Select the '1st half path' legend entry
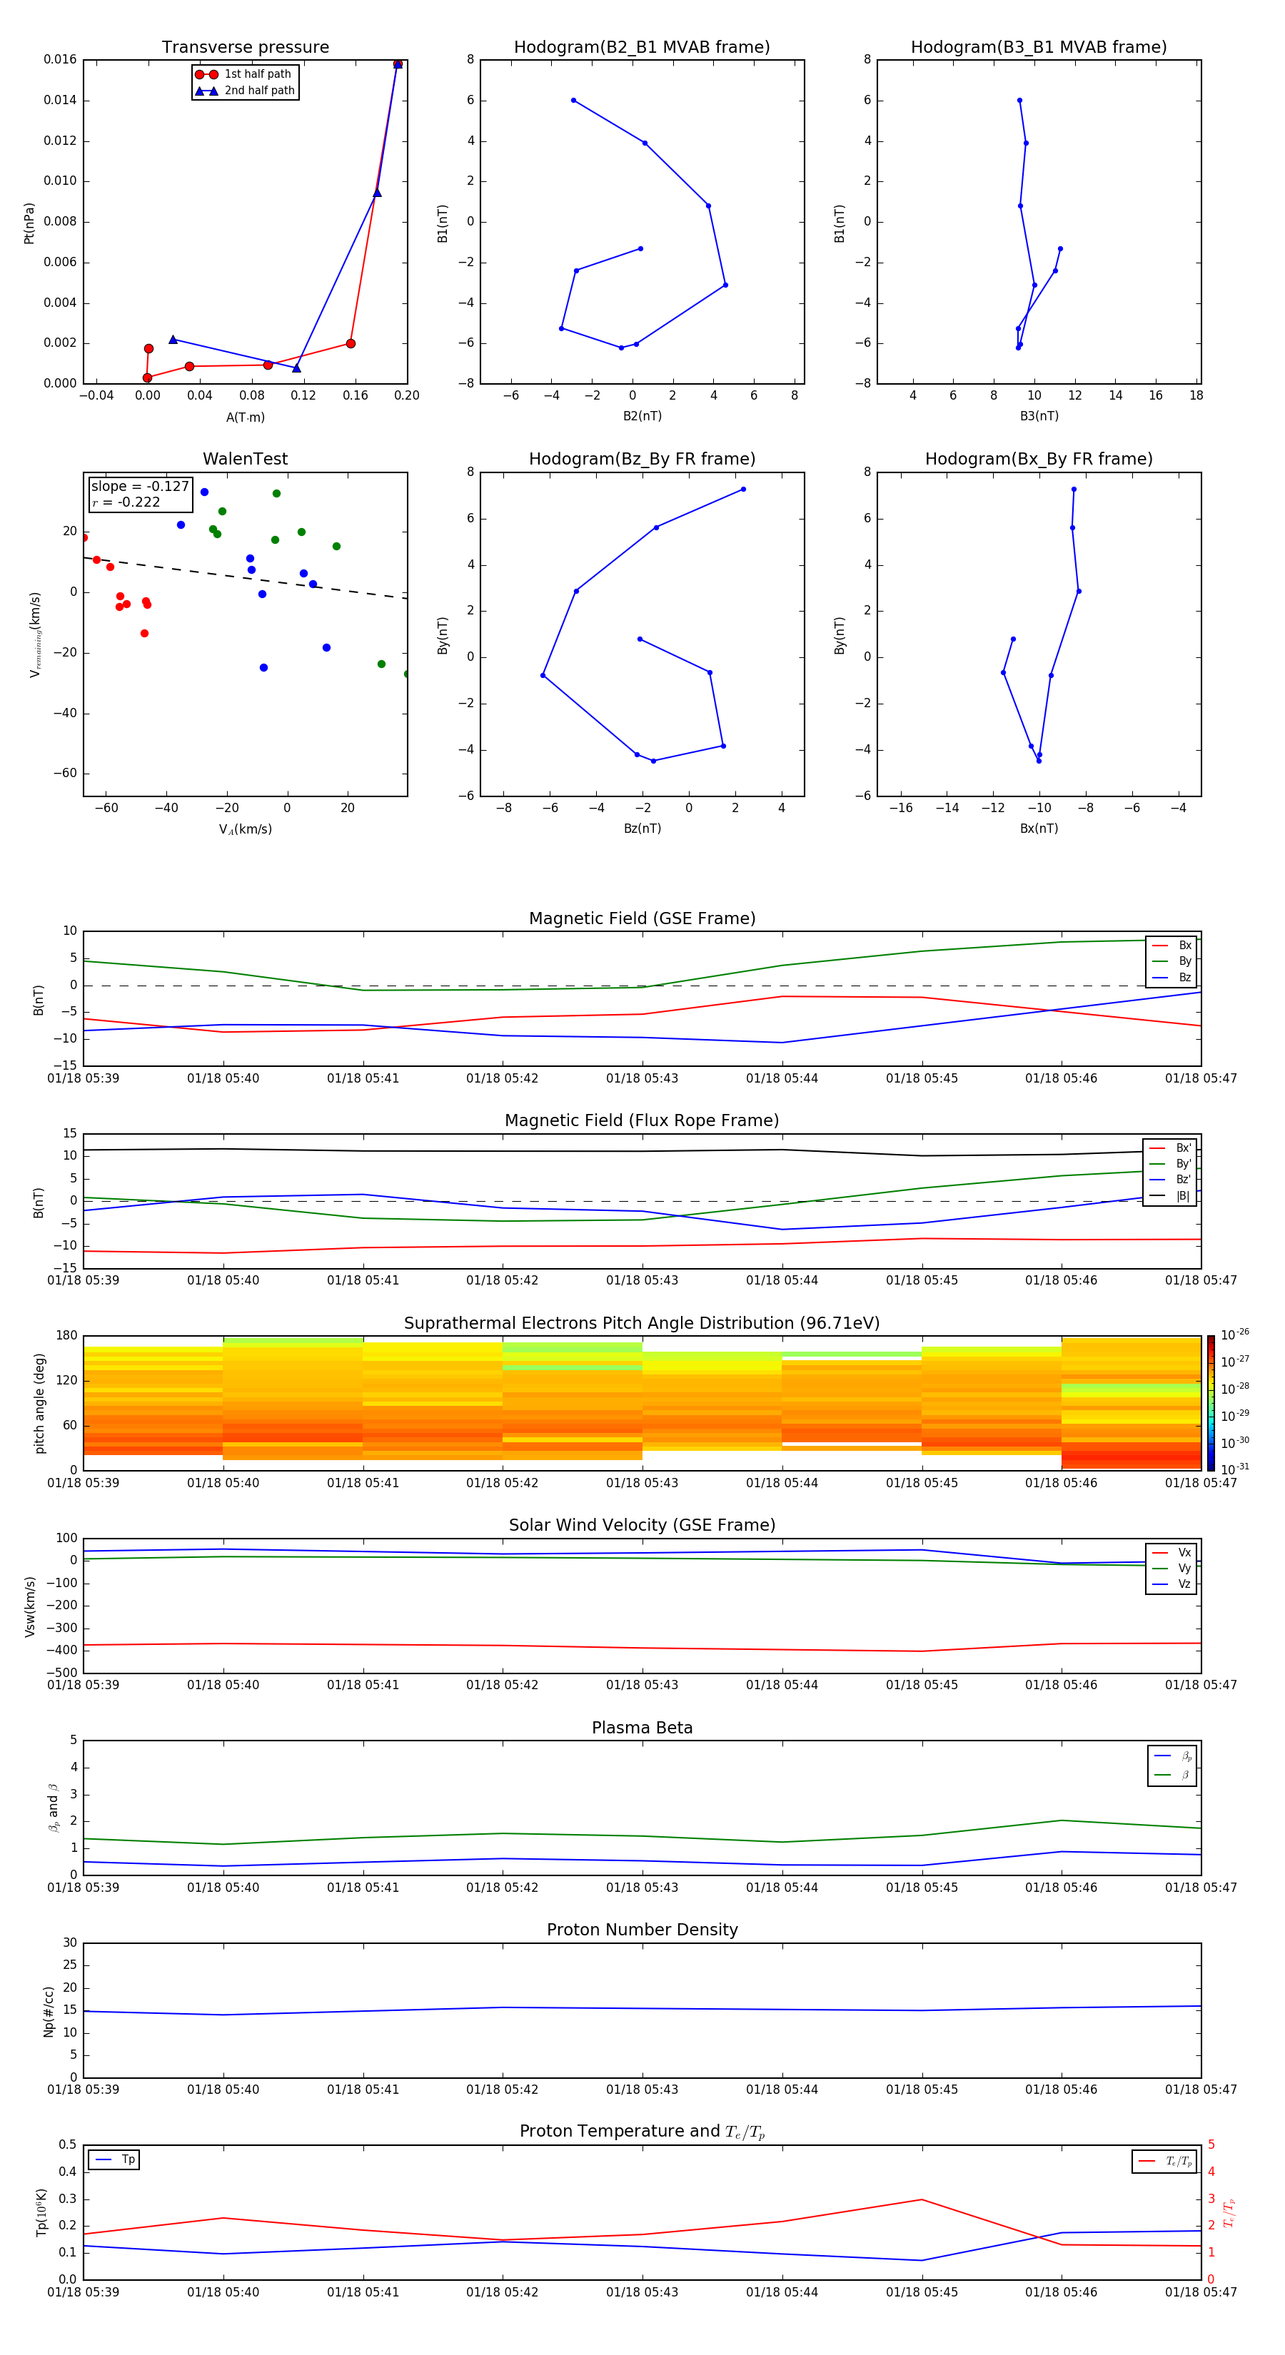[257, 74]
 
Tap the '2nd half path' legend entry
[259, 91]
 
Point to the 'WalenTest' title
[245, 459]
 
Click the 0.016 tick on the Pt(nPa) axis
[61, 59]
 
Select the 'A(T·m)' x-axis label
[245, 417]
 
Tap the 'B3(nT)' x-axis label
[1039, 416]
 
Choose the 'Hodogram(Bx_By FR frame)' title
[1038, 459]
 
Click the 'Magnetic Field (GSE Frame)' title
[642, 918]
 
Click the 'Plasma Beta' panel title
[642, 1728]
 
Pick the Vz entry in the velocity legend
[1184, 1584]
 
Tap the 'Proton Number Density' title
[642, 1930]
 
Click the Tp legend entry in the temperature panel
[127, 2159]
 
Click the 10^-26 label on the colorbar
[1235, 1334]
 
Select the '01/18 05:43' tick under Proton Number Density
[642, 2090]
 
